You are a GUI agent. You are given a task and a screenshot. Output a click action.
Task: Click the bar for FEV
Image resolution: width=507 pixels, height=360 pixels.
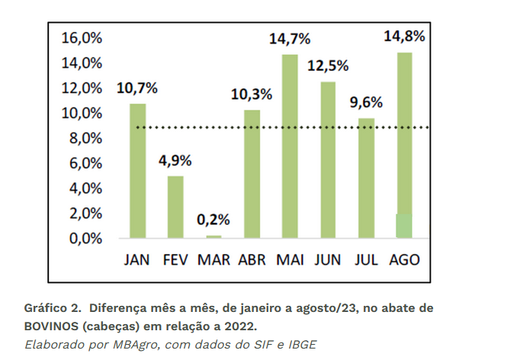tap(175, 207)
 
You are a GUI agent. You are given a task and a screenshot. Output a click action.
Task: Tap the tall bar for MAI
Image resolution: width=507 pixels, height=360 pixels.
tap(290, 146)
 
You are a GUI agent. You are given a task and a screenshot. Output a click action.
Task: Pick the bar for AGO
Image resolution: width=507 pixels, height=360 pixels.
tap(404, 145)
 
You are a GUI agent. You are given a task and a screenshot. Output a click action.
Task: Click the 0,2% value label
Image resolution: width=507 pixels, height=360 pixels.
tap(213, 220)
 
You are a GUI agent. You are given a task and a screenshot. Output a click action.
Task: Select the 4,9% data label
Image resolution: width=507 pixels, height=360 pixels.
tap(175, 160)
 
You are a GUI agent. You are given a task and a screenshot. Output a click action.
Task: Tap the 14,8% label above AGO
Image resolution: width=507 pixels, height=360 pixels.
tap(404, 36)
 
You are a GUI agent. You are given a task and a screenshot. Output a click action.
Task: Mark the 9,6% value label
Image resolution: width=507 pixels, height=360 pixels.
tap(366, 102)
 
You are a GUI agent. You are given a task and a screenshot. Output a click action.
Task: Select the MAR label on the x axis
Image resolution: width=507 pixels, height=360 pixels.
tap(213, 259)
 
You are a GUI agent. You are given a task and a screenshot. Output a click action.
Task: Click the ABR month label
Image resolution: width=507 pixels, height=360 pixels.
tap(252, 259)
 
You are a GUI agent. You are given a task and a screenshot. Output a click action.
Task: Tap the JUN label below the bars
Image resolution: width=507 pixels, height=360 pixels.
tap(328, 259)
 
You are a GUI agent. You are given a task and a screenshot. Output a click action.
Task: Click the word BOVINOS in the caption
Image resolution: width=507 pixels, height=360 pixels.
tap(54, 326)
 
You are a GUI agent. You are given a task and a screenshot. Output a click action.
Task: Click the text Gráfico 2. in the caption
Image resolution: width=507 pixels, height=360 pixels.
tap(53, 308)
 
